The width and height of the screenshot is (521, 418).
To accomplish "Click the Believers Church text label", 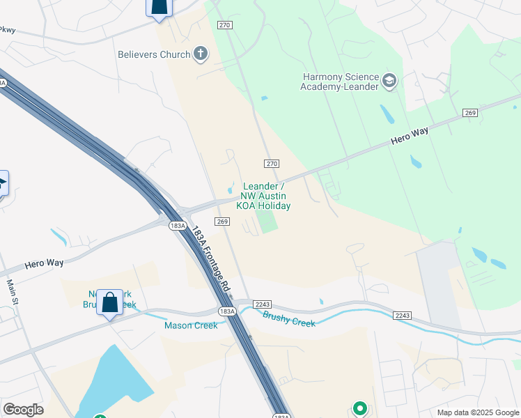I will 154,54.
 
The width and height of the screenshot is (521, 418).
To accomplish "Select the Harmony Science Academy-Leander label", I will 340,82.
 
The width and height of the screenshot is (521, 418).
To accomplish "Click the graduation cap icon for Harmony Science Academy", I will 389,82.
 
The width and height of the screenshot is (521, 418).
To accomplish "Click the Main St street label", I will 12,292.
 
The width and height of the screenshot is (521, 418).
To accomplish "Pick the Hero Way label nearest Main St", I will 44,263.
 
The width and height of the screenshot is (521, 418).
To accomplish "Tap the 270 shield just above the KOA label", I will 271,163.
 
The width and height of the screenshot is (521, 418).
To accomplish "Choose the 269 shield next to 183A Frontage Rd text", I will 222,222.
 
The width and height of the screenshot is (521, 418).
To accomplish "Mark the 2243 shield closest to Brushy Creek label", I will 263,304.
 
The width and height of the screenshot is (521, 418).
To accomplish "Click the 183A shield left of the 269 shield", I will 178,226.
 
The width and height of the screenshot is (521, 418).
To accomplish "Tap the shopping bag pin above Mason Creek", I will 109,303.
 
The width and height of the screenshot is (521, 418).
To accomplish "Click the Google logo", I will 23,410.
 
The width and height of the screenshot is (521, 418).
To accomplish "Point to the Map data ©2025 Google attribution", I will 477,412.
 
